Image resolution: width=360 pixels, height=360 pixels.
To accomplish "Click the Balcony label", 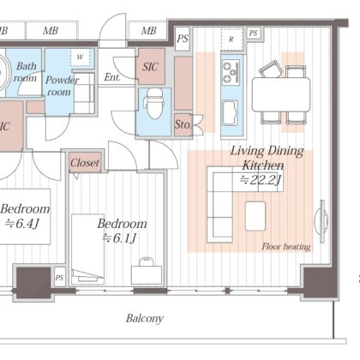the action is pyautogui.click(x=145, y=318).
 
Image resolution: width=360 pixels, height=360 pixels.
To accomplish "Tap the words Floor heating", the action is pyautogui.click(x=286, y=247).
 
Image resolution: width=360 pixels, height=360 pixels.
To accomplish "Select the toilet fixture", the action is pyautogui.click(x=154, y=104).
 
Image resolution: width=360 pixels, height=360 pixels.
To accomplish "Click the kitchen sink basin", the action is pyautogui.click(x=231, y=113).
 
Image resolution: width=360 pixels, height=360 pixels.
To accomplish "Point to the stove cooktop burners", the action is pyautogui.click(x=231, y=71).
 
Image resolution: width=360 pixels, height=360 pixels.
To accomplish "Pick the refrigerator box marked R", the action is pyautogui.click(x=231, y=39).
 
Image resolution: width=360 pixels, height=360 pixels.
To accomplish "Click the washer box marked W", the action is pyautogui.click(x=80, y=57).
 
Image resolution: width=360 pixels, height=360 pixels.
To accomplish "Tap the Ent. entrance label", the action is pyautogui.click(x=112, y=77).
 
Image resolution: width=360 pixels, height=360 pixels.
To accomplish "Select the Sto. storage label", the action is pyautogui.click(x=183, y=124).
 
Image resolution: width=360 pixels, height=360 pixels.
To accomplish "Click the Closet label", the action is pyautogui.click(x=85, y=163).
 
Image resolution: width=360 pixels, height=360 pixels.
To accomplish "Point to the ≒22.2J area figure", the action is pyautogui.click(x=261, y=180).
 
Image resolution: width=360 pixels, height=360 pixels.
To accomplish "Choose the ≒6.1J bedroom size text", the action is pyautogui.click(x=120, y=238).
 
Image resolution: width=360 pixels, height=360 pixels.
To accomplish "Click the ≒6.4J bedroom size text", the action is pyautogui.click(x=21, y=224).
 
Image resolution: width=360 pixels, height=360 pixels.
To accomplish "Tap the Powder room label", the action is pyautogui.click(x=61, y=86).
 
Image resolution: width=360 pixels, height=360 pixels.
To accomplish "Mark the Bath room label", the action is pyautogui.click(x=26, y=72).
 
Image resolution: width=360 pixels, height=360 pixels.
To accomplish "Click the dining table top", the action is pyautogui.click(x=281, y=94).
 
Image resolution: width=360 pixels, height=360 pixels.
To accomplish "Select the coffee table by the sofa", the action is pyautogui.click(x=255, y=216).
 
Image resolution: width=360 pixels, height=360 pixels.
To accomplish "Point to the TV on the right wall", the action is pyautogui.click(x=321, y=221).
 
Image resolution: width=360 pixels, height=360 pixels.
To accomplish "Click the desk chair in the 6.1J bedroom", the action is pyautogui.click(x=147, y=261).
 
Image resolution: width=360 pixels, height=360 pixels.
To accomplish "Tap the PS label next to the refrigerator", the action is pyautogui.click(x=253, y=33).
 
